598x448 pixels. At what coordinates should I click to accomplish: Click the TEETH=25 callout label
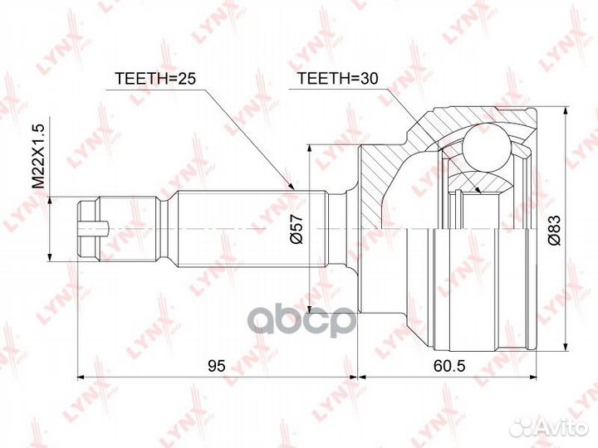pyautogui.click(x=155, y=79)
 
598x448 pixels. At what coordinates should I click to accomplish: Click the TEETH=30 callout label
pyautogui.click(x=337, y=78)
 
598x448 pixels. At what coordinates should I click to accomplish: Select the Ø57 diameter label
pyautogui.click(x=297, y=229)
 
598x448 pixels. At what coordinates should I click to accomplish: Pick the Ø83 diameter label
pyautogui.click(x=554, y=230)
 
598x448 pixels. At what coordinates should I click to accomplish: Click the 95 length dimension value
pyautogui.click(x=217, y=366)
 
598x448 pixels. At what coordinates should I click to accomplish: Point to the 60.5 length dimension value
pyautogui.click(x=449, y=366)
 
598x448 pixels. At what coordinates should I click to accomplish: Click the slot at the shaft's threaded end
pyautogui.click(x=94, y=229)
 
